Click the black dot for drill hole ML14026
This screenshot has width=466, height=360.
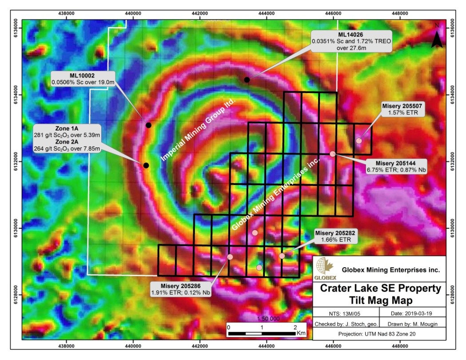[x=247, y=79]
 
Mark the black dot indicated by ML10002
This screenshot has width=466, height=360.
[x=148, y=125]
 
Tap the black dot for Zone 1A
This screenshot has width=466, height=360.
[x=146, y=166]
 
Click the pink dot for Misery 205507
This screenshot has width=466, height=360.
[x=358, y=141]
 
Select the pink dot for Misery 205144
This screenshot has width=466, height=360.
[x=332, y=154]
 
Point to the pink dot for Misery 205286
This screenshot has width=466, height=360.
[x=230, y=257]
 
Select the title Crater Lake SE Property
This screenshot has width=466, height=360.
[x=381, y=289]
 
